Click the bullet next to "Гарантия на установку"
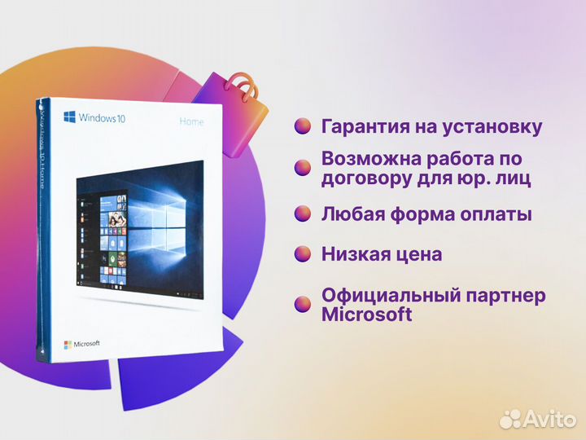click(x=303, y=126)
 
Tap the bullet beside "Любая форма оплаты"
click(x=303, y=214)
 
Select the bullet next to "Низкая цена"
click(x=303, y=254)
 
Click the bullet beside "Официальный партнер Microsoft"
click(x=303, y=304)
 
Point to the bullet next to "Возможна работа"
click(x=303, y=167)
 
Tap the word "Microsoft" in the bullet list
click(x=366, y=315)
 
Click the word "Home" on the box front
click(x=191, y=122)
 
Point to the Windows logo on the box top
click(x=71, y=117)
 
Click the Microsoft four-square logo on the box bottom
click(x=68, y=344)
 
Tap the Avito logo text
click(x=549, y=418)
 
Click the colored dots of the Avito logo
click(x=510, y=418)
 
